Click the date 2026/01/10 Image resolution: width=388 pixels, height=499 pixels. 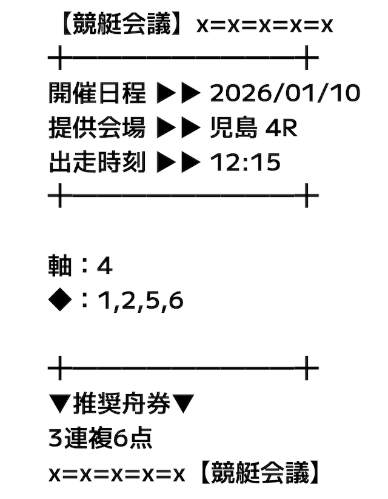(x=285, y=93)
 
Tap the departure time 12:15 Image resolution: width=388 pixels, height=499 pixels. (x=245, y=162)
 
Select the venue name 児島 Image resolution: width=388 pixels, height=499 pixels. (x=233, y=127)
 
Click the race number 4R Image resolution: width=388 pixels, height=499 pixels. (x=281, y=128)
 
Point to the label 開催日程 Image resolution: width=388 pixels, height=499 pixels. (x=97, y=93)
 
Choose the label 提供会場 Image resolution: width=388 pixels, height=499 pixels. (x=97, y=127)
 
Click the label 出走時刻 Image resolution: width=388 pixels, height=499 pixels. (x=97, y=162)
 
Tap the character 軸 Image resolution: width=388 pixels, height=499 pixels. (x=60, y=266)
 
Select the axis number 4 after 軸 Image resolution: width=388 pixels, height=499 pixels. (x=105, y=266)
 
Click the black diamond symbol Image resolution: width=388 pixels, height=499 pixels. (x=60, y=300)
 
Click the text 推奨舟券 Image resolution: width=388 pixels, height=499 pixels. (x=122, y=404)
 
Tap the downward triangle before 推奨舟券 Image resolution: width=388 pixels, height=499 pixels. (x=60, y=404)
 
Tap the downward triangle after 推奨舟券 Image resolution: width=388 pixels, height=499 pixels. (x=182, y=404)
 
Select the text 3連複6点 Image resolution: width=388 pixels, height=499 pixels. (x=100, y=438)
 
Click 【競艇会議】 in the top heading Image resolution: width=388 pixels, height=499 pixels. (x=122, y=24)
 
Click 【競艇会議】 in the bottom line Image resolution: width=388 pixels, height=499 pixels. (x=259, y=473)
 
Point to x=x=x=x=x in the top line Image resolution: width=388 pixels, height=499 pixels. (x=264, y=25)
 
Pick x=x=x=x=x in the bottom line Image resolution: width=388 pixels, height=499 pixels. (x=116, y=475)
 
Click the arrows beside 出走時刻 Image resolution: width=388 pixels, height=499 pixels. (x=178, y=162)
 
